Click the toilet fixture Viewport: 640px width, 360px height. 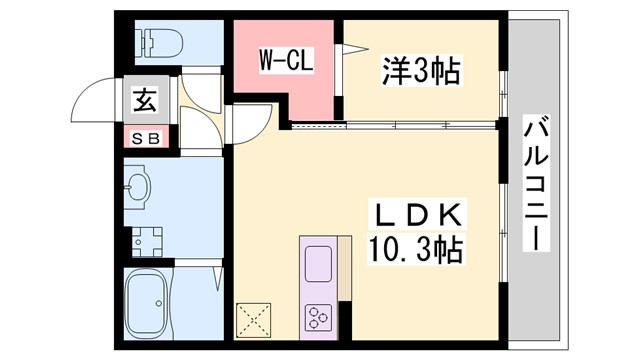[161, 43]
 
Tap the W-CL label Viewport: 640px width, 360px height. [287, 60]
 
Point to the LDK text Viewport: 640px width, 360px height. [418, 214]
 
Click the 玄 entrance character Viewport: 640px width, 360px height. [145, 99]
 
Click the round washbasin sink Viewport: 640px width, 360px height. [139, 186]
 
